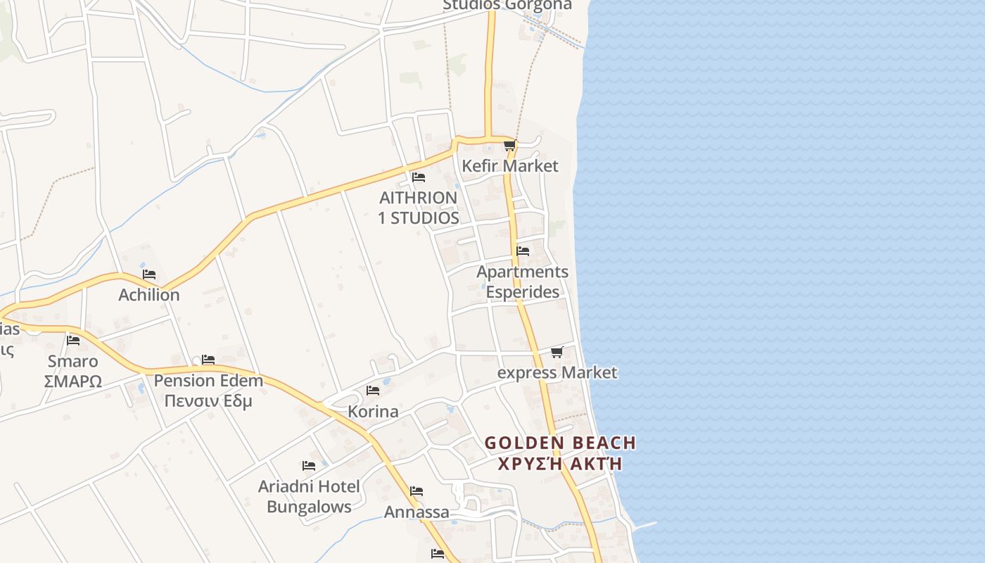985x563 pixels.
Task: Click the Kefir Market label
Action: point(510,166)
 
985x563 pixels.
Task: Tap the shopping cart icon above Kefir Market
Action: point(509,146)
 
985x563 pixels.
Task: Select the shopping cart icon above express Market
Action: point(557,352)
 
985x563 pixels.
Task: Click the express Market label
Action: point(557,372)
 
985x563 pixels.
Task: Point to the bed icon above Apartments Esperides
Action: point(523,251)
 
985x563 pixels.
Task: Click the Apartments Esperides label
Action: point(522,281)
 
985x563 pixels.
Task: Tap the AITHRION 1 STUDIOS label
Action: point(419,208)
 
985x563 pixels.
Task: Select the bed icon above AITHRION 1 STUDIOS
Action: point(419,177)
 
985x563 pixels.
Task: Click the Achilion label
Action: point(149,295)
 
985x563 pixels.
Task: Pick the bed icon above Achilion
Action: point(149,274)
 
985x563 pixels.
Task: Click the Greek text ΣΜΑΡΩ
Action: point(73,381)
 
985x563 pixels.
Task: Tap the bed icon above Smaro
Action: point(73,341)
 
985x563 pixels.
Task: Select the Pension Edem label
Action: point(208,381)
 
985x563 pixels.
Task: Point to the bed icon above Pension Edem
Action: point(208,360)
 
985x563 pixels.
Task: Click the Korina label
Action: point(373,411)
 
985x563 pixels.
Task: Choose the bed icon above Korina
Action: point(373,391)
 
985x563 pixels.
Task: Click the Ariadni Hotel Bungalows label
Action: point(309,496)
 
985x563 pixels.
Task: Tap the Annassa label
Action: point(417,512)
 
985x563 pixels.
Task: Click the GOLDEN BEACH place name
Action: point(560,443)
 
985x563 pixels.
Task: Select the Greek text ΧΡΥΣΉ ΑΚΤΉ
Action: point(560,464)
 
